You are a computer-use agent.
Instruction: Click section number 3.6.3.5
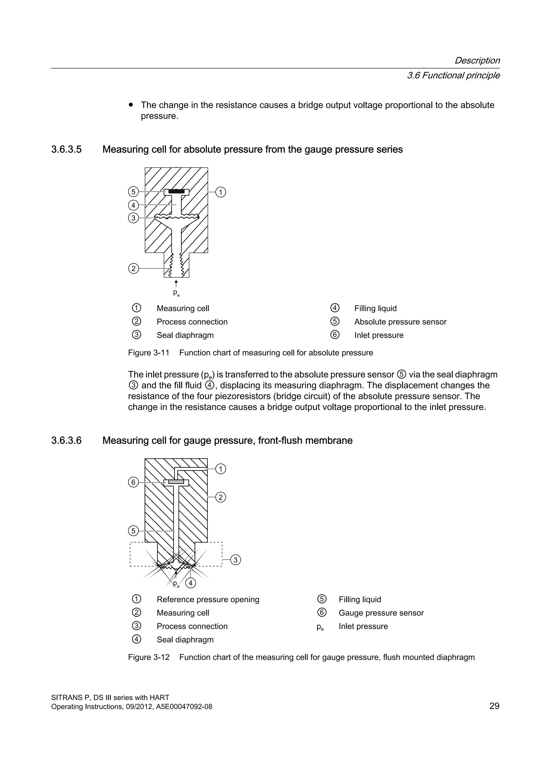tap(66, 150)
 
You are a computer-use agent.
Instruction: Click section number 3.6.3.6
tap(66, 441)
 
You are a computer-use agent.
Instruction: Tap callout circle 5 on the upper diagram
tap(133, 192)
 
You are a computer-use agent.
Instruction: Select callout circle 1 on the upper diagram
tap(221, 192)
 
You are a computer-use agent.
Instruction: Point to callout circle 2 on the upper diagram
tap(133, 268)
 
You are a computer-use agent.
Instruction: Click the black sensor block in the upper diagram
tap(177, 191)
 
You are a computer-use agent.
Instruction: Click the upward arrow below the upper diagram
tap(176, 283)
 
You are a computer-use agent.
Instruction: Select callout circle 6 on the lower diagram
tap(133, 482)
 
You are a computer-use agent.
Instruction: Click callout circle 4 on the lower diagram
tap(190, 583)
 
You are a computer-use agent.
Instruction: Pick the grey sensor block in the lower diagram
tap(176, 482)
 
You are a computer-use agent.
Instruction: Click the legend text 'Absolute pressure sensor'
tap(400, 322)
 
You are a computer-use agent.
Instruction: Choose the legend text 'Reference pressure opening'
tap(208, 599)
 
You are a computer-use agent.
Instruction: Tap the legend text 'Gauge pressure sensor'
tap(381, 613)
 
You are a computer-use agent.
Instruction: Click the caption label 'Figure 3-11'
tap(148, 353)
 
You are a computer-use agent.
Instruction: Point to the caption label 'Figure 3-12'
tap(149, 657)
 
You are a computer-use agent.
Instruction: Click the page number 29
tap(494, 706)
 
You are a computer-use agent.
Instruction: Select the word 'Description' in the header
tap(477, 61)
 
